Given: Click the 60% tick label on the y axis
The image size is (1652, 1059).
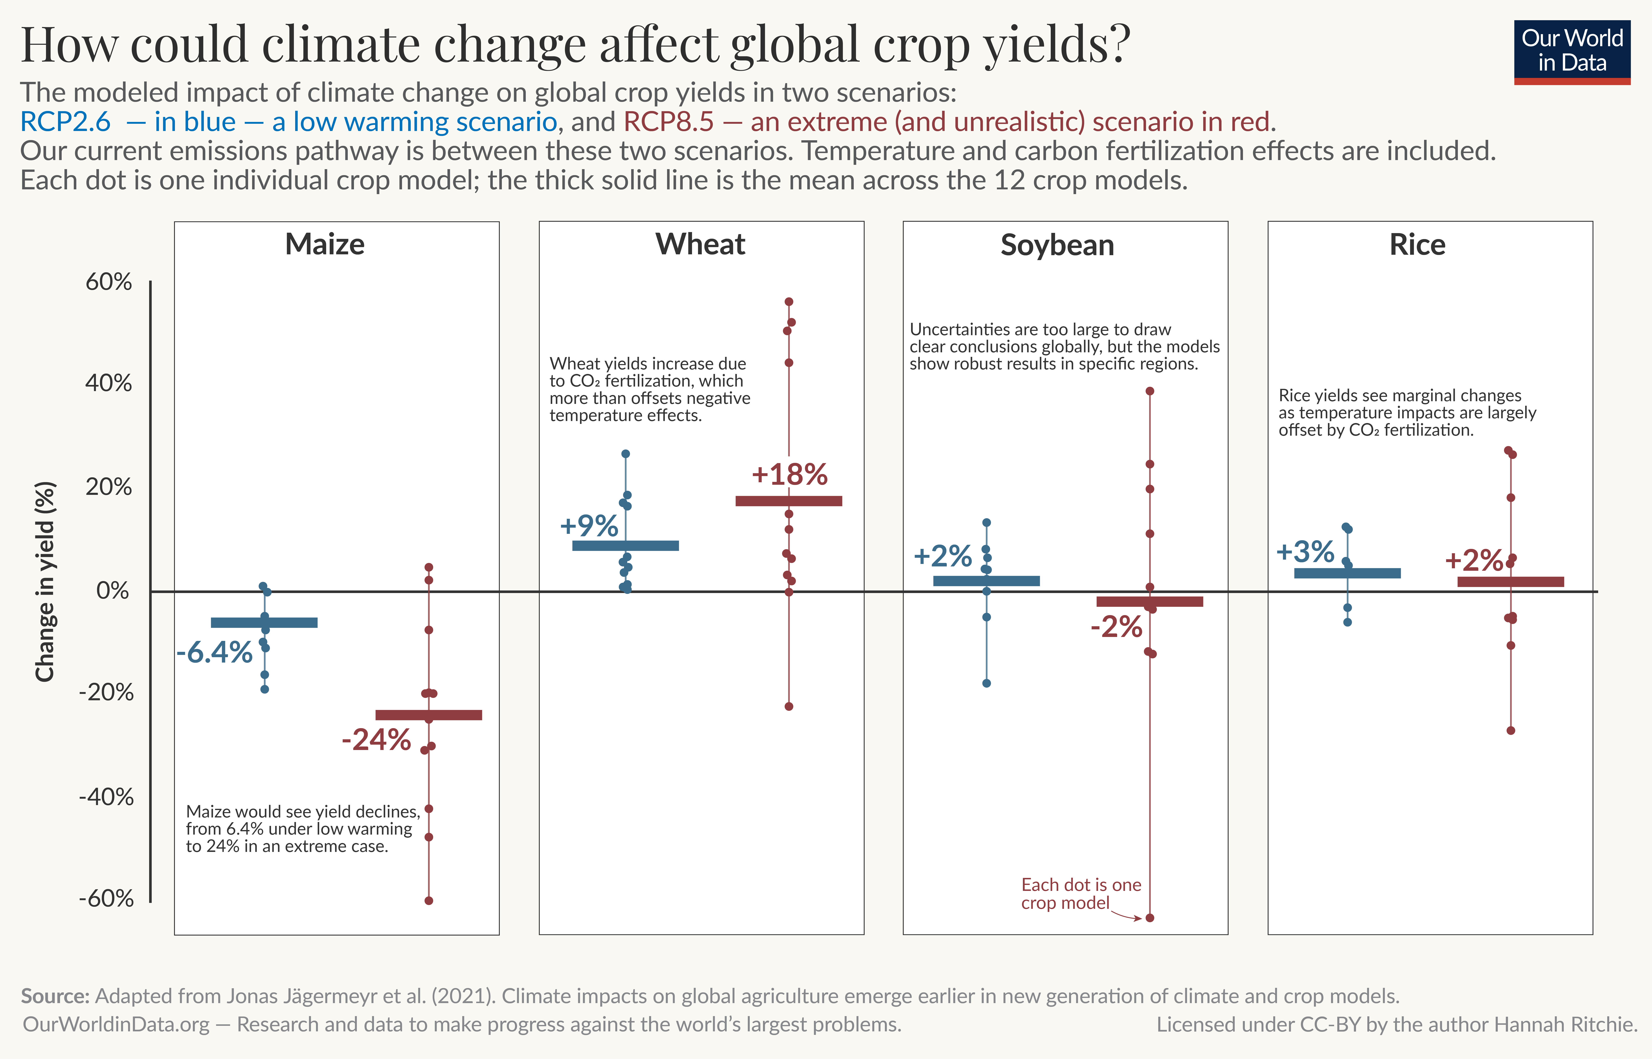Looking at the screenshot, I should pos(109,282).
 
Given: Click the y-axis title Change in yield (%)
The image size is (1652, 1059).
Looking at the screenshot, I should pos(45,581).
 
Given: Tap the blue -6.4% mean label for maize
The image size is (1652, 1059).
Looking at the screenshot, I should pos(215,652).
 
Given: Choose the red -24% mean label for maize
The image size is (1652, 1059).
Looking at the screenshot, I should pos(376,740).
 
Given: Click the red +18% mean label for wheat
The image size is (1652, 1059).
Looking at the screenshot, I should pos(789,474).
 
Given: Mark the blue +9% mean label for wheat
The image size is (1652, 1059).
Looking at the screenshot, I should pos(589,526).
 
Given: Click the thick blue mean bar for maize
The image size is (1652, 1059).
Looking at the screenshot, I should pos(264,622).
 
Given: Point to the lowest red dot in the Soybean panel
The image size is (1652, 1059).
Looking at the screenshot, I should pos(1150,917).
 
